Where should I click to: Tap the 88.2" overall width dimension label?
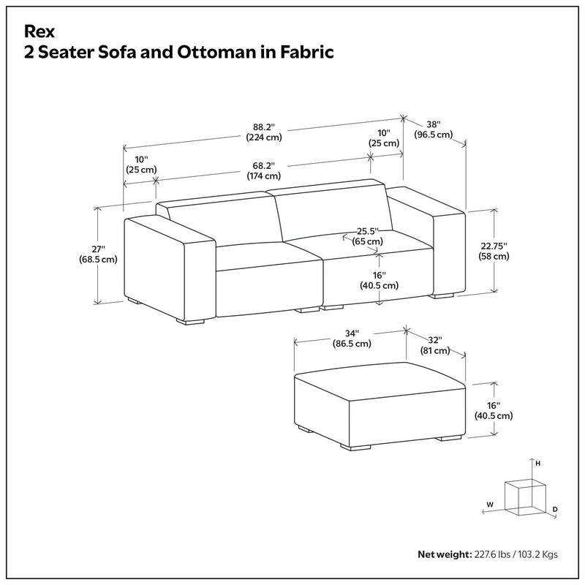pos(264,130)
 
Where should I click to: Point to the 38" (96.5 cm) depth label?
pos(433,129)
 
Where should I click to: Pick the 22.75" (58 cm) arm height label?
pos(494,251)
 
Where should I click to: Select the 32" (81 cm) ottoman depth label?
pos(434,345)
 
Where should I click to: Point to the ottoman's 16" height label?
pos(494,410)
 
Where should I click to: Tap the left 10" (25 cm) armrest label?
pos(141,165)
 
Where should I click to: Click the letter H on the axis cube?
pos(537,464)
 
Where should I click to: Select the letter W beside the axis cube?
pos(491,504)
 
